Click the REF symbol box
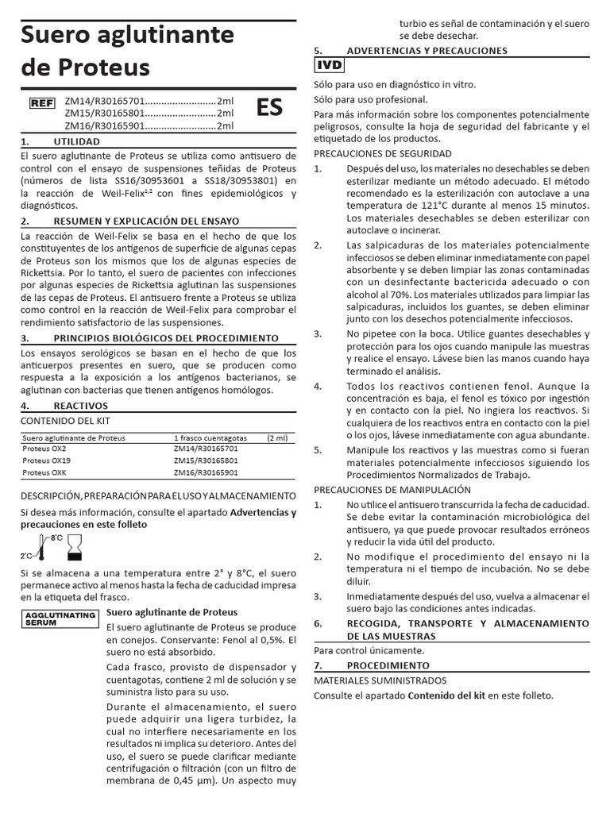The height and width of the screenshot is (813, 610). coord(41,102)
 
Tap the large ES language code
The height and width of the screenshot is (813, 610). coord(268,107)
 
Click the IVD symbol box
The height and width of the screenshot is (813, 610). coord(330,66)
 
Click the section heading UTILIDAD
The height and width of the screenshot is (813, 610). coord(76,141)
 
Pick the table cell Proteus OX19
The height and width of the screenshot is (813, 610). coord(47,460)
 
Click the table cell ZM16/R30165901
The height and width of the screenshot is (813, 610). coord(206,472)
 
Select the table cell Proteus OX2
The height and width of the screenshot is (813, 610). coord(44,449)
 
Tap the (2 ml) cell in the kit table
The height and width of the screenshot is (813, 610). coord(279,437)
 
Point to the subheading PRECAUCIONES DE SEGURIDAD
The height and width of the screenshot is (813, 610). coord(383,153)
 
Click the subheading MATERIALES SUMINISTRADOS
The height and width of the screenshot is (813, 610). coord(380,680)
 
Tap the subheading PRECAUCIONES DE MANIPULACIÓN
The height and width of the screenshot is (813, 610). coord(392,490)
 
